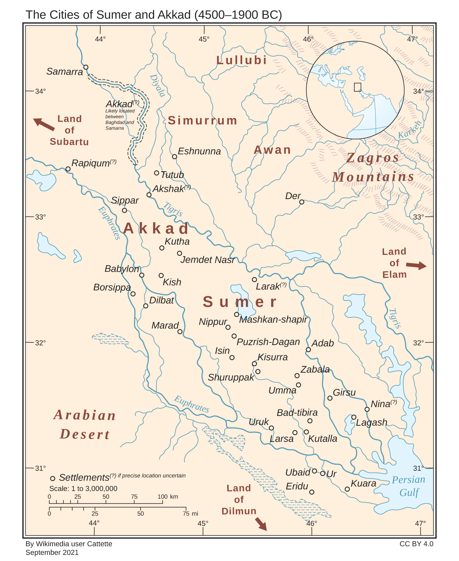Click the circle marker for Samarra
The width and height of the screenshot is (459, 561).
86,67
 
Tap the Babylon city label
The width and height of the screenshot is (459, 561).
122,269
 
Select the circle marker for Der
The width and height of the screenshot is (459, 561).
302,202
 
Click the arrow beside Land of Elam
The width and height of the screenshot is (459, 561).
416,265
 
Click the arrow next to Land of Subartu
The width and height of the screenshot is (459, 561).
44,124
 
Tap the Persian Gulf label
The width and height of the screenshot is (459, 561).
408,486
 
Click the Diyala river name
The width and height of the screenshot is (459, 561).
158,85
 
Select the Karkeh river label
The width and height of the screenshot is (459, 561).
409,130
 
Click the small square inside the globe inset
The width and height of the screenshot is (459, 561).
358,87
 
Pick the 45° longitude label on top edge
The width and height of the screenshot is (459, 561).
204,39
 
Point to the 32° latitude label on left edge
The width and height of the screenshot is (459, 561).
40,343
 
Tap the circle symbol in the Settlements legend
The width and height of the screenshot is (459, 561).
53,478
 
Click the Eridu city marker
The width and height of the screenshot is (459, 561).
312,492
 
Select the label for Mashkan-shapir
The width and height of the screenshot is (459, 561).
273,319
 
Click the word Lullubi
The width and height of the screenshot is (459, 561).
241,60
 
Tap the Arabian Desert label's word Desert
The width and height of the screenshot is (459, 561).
85,434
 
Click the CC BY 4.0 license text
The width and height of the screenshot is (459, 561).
416,544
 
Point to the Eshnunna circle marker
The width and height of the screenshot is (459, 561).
174,157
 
